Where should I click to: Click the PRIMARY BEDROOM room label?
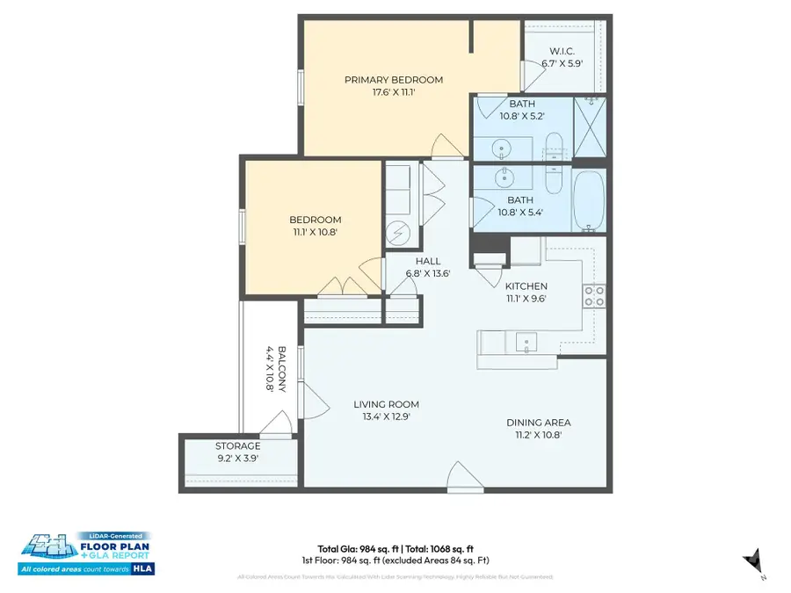pos(393,80)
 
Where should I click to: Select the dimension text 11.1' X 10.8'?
pos(315,232)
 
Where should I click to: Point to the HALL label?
pos(428,261)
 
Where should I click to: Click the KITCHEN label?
pos(526,286)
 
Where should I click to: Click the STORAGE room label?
pos(237,446)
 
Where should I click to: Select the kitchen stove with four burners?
pos(594,296)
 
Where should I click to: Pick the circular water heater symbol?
pos(400,234)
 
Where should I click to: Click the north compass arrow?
pos(753,560)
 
